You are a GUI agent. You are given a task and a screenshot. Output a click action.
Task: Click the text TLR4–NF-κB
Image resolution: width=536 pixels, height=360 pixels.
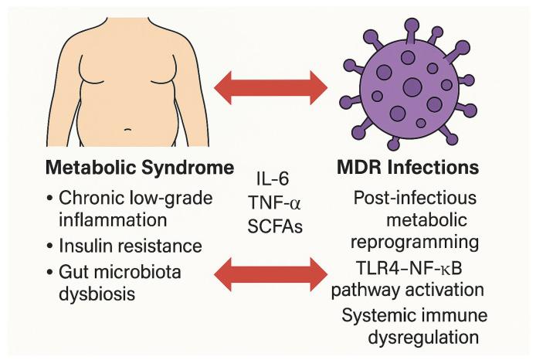pos(416,269)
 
